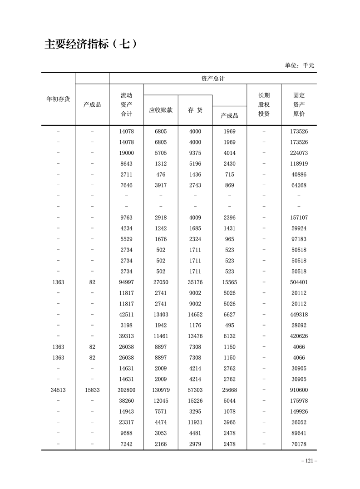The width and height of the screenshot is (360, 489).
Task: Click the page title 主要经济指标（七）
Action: click(x=91, y=44)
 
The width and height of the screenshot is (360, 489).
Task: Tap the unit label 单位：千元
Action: click(x=299, y=65)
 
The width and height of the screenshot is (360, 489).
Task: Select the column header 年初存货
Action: click(x=58, y=99)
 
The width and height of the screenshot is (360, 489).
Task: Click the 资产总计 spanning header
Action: click(x=213, y=78)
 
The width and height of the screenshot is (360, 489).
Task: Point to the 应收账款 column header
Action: click(x=161, y=110)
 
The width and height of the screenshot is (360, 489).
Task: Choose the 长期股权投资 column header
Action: click(x=264, y=104)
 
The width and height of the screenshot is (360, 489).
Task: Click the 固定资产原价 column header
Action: click(x=299, y=104)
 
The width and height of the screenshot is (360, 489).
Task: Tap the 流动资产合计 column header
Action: click(x=126, y=104)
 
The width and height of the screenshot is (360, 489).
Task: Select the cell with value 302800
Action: click(x=126, y=390)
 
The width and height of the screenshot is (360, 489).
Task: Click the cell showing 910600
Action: click(x=299, y=390)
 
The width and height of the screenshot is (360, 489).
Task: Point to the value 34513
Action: click(x=58, y=390)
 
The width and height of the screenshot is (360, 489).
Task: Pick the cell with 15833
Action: click(x=92, y=390)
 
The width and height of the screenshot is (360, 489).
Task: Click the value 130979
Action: click(x=161, y=390)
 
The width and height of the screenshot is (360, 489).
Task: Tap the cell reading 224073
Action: click(x=299, y=153)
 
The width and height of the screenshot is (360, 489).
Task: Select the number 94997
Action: click(x=126, y=282)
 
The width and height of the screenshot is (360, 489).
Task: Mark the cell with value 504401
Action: click(x=299, y=282)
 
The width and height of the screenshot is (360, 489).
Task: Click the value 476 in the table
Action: click(x=161, y=174)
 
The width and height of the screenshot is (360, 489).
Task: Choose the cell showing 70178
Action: click(x=299, y=444)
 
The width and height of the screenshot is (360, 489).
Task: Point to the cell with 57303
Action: click(x=195, y=390)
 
